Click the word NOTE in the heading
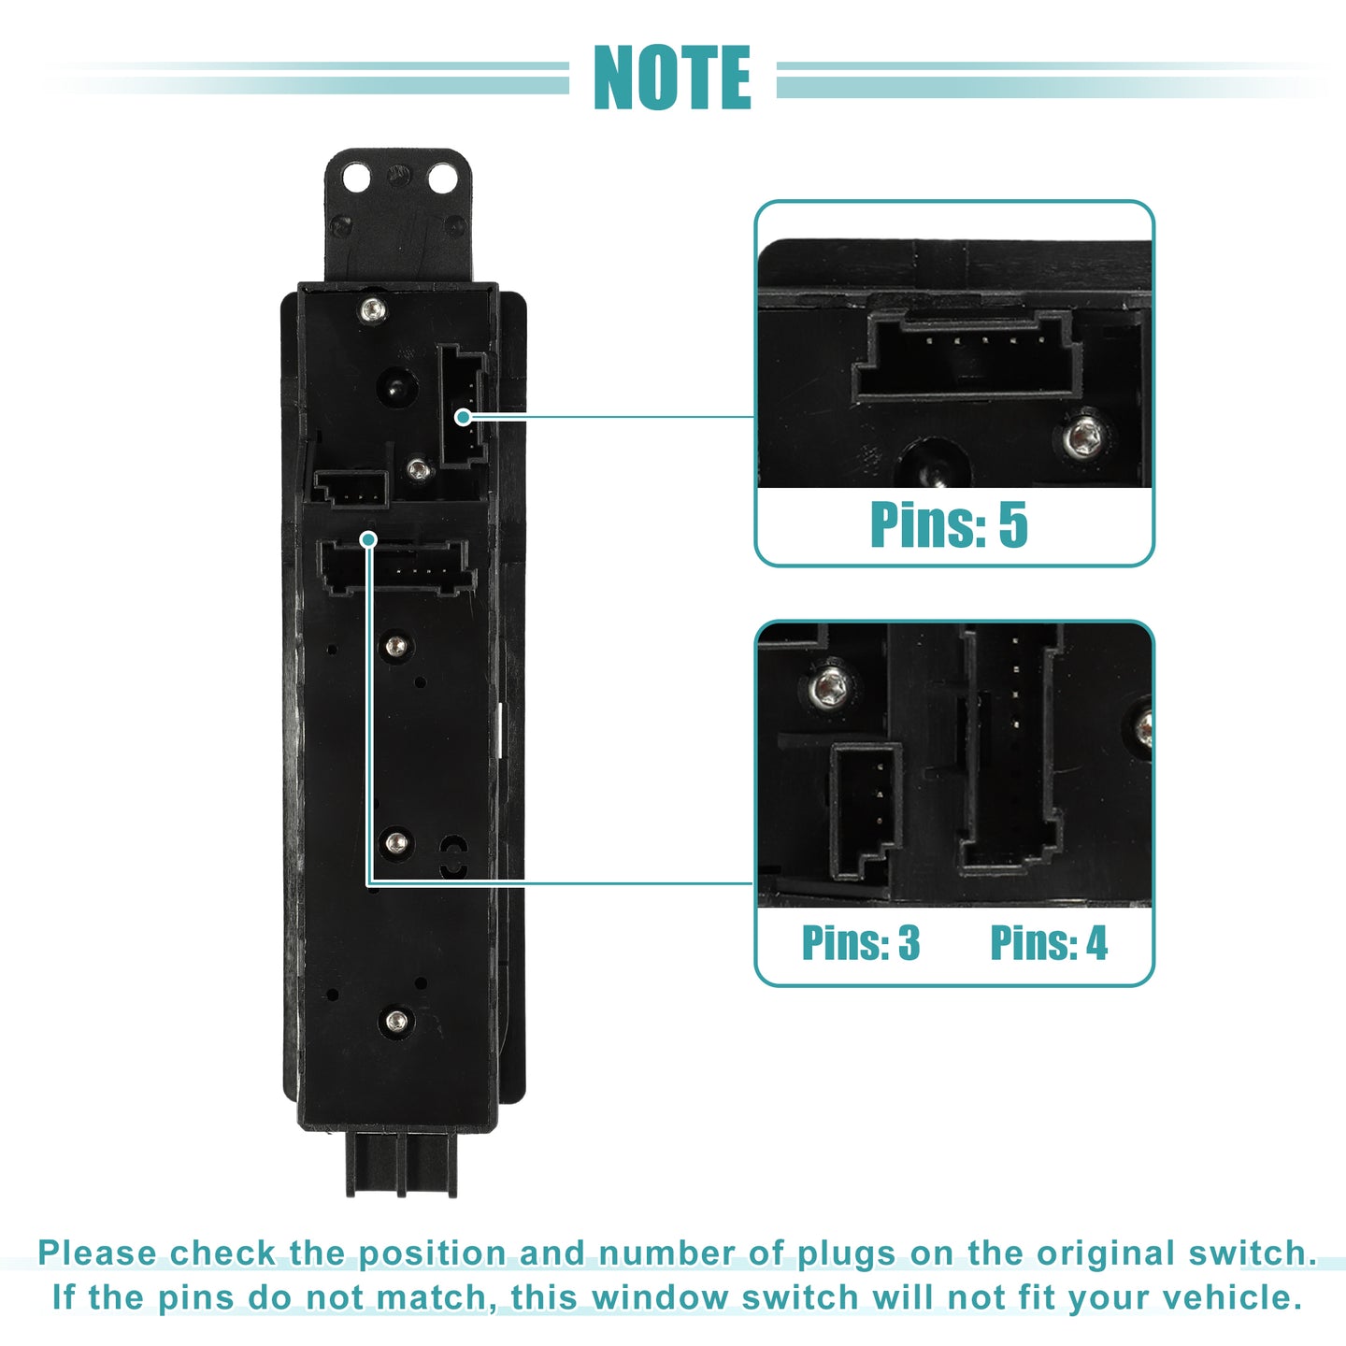[x=672, y=77]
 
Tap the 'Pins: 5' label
[x=949, y=524]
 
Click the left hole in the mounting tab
[x=356, y=179]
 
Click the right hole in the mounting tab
[x=442, y=179]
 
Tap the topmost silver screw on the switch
[x=373, y=308]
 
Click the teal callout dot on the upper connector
[x=463, y=417]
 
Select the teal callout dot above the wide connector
[x=369, y=539]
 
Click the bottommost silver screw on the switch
[x=396, y=1022]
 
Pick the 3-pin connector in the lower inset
[x=865, y=810]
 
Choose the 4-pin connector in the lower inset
[x=1011, y=748]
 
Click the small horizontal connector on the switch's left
[x=350, y=488]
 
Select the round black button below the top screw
[x=397, y=387]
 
